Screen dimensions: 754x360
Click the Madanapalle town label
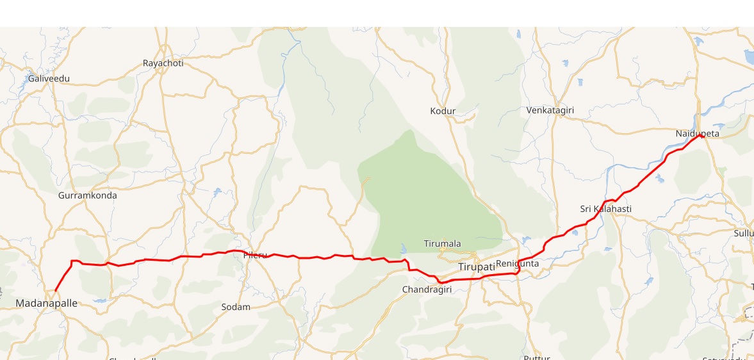[46, 303]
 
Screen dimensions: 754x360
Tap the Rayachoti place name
[163, 63]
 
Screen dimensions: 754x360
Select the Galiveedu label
[49, 79]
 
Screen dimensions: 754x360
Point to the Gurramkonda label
[87, 195]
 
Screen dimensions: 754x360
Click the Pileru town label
[255, 256]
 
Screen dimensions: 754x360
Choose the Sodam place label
[236, 307]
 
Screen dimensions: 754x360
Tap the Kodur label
[443, 111]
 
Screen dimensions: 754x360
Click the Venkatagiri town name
[550, 110]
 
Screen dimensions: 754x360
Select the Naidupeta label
[698, 134]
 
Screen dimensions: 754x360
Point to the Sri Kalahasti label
[606, 209]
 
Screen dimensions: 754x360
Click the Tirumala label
[442, 243]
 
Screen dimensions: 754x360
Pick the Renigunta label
[518, 263]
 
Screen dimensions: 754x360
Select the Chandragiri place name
[427, 290]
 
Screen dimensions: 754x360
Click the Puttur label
[537, 357]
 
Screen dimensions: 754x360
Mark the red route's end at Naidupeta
[703, 134]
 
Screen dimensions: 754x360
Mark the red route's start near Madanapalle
[55, 291]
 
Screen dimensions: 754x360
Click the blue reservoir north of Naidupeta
[698, 40]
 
